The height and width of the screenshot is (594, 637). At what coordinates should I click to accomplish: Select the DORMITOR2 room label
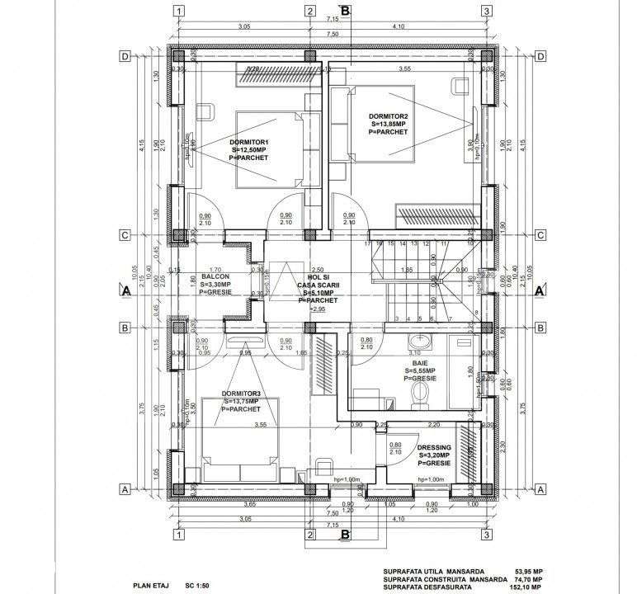tap(389, 116)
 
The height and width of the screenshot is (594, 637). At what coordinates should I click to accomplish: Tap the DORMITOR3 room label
tap(240, 393)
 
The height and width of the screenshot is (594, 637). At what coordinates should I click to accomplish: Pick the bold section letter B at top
tap(346, 10)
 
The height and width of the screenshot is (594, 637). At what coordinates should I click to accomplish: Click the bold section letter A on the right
tap(539, 291)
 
